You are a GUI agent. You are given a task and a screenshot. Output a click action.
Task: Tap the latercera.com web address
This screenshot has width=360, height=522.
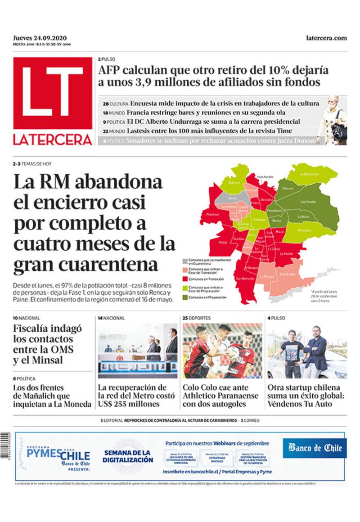pos(326,38)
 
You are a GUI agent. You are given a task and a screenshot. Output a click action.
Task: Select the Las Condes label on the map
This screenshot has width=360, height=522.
pos(308,202)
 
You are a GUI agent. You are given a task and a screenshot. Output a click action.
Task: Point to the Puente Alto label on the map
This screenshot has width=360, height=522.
pos(288,274)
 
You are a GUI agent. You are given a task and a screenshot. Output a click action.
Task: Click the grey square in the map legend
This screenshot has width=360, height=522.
pos(185,261)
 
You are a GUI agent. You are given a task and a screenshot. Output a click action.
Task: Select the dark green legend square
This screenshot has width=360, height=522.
pos(185,297)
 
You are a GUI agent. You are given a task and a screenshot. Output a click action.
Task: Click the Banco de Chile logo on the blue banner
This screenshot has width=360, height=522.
pos(315,448)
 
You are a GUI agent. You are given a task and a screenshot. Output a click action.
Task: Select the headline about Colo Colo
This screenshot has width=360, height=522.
pos(220,396)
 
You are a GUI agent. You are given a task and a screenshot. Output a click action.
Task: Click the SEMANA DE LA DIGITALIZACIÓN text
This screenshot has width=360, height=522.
pos(128,456)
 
